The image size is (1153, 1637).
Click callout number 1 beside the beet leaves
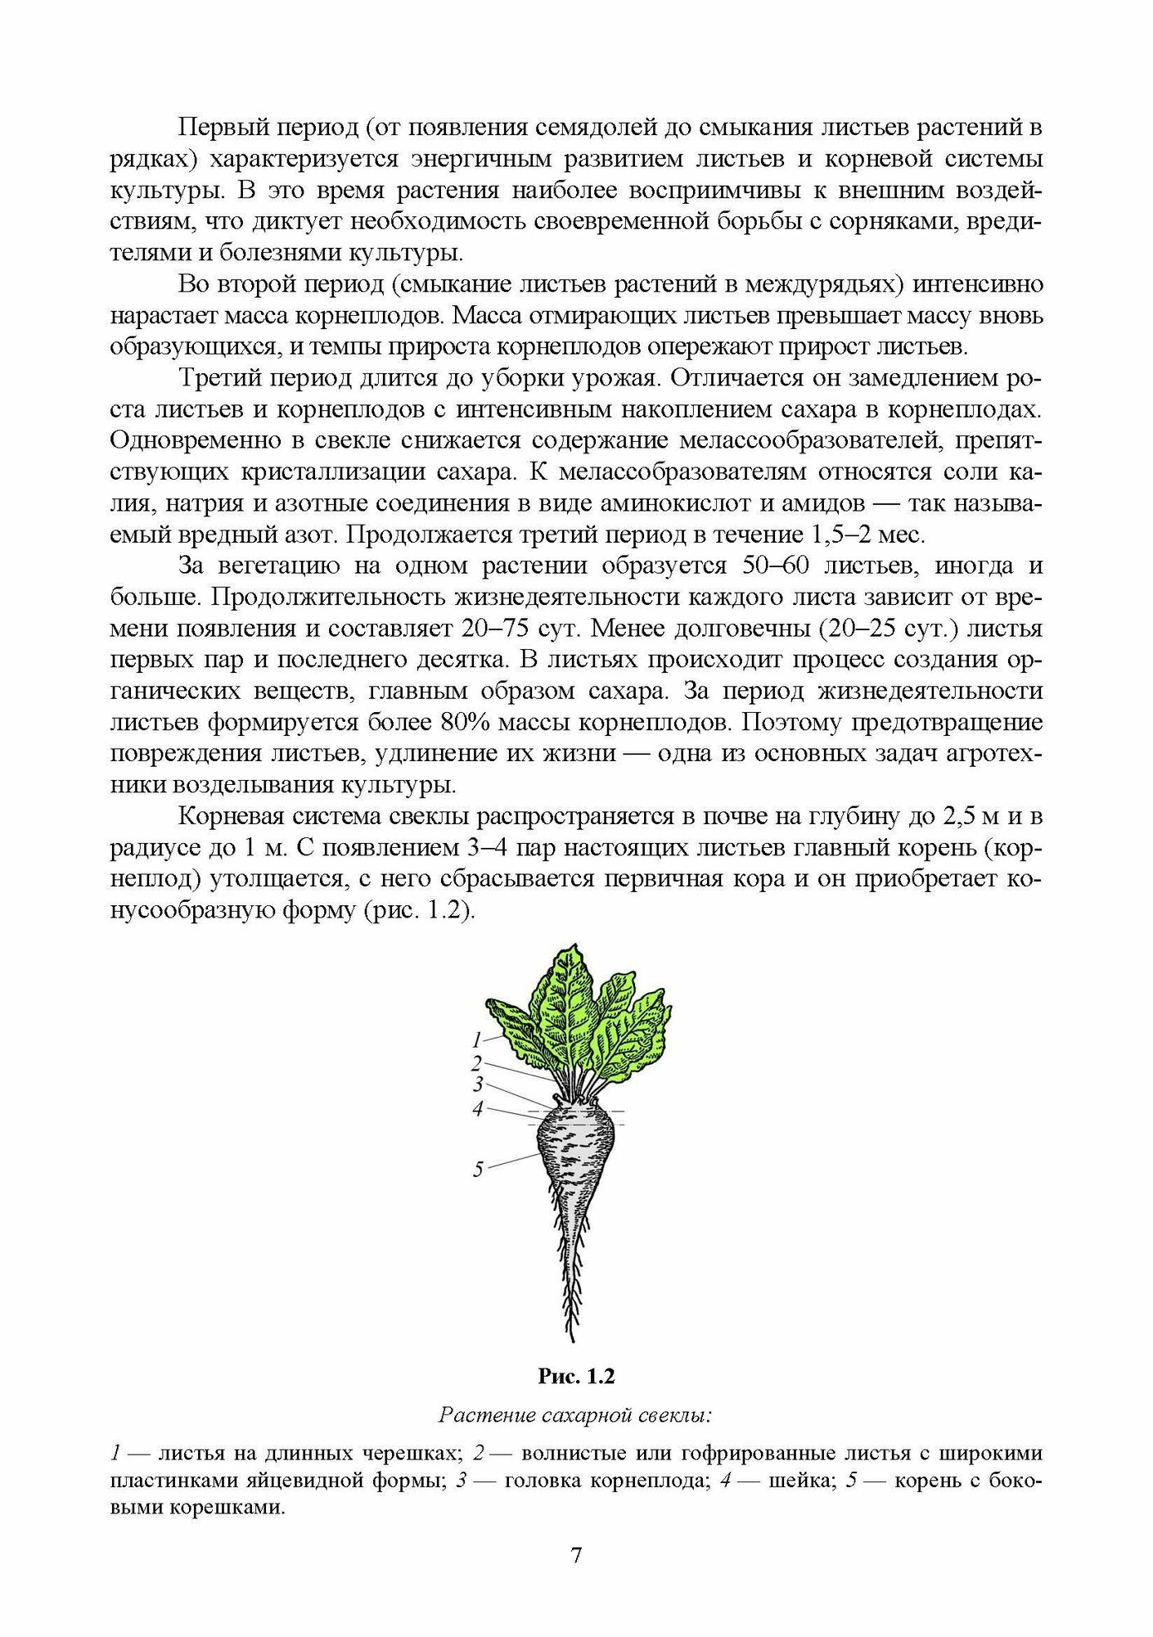[477, 1040]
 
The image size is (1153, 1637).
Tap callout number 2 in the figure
[477, 1063]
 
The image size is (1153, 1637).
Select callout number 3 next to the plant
[479, 1085]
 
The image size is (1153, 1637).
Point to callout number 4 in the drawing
[478, 1108]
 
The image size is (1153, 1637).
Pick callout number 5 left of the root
[479, 1170]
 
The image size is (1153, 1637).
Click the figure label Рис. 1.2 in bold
[576, 1377]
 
